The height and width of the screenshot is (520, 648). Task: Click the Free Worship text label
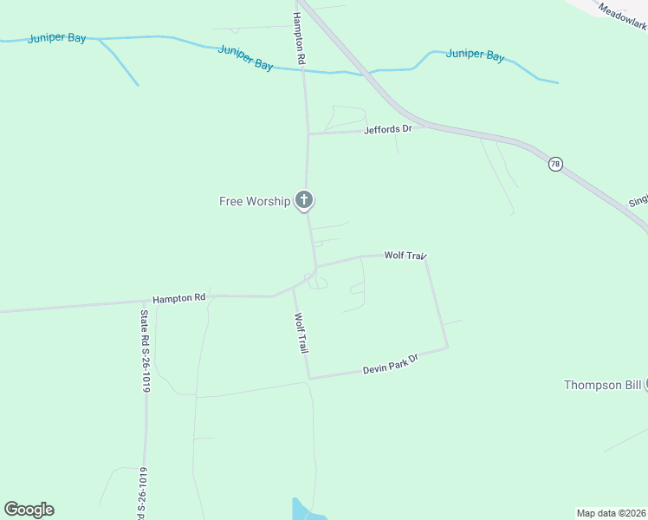pos(254,201)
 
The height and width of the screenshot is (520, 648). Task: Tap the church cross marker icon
pos(303,200)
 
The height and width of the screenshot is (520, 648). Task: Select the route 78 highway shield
pos(555,163)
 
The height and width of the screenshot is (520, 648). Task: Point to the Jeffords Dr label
pos(388,129)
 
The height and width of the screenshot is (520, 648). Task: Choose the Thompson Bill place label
pos(602,385)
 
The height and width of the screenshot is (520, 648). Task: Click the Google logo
pos(29,510)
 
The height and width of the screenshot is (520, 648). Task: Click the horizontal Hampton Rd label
pos(178,297)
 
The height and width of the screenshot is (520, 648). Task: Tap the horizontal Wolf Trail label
pos(405,255)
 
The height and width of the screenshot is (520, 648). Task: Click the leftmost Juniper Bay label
pos(57,38)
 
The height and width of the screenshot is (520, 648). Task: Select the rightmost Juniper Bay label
pos(475,55)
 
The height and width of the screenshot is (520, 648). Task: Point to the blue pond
pos(301,510)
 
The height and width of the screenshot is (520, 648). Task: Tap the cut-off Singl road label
pos(638,200)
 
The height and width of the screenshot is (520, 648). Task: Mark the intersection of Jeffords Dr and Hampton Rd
pos(308,133)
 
